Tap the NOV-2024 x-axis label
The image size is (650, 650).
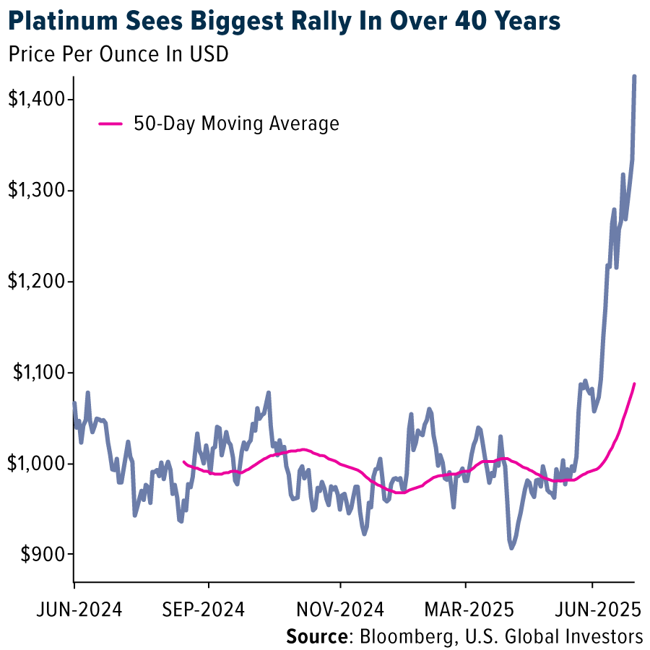(342, 610)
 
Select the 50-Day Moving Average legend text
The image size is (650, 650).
(235, 123)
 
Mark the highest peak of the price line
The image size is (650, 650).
(634, 76)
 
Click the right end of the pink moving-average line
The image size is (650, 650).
(634, 383)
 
